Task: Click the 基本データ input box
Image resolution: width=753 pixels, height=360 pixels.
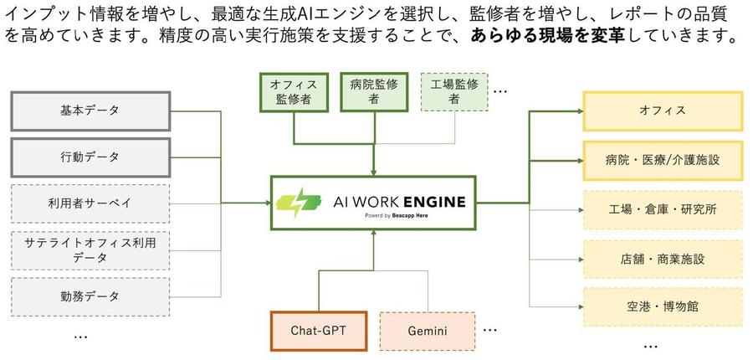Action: (90, 111)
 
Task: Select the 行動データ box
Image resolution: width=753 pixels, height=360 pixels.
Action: (90, 157)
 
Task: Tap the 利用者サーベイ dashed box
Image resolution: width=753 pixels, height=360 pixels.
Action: (90, 203)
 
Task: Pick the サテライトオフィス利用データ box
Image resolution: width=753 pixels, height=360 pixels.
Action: (90, 249)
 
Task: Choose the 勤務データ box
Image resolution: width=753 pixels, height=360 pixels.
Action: (90, 296)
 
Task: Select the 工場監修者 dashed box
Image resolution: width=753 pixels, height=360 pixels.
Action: (454, 91)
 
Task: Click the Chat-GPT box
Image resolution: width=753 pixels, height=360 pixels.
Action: (319, 331)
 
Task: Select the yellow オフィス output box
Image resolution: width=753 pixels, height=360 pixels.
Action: (663, 111)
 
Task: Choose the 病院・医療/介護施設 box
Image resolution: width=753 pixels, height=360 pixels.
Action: (663, 158)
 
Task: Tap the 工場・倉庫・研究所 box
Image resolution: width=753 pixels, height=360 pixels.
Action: (663, 209)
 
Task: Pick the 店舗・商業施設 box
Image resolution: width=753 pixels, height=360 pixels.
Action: (663, 259)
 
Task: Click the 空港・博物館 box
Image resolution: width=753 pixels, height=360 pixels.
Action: (663, 306)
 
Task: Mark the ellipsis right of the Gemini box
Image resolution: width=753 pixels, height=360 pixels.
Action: (492, 328)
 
